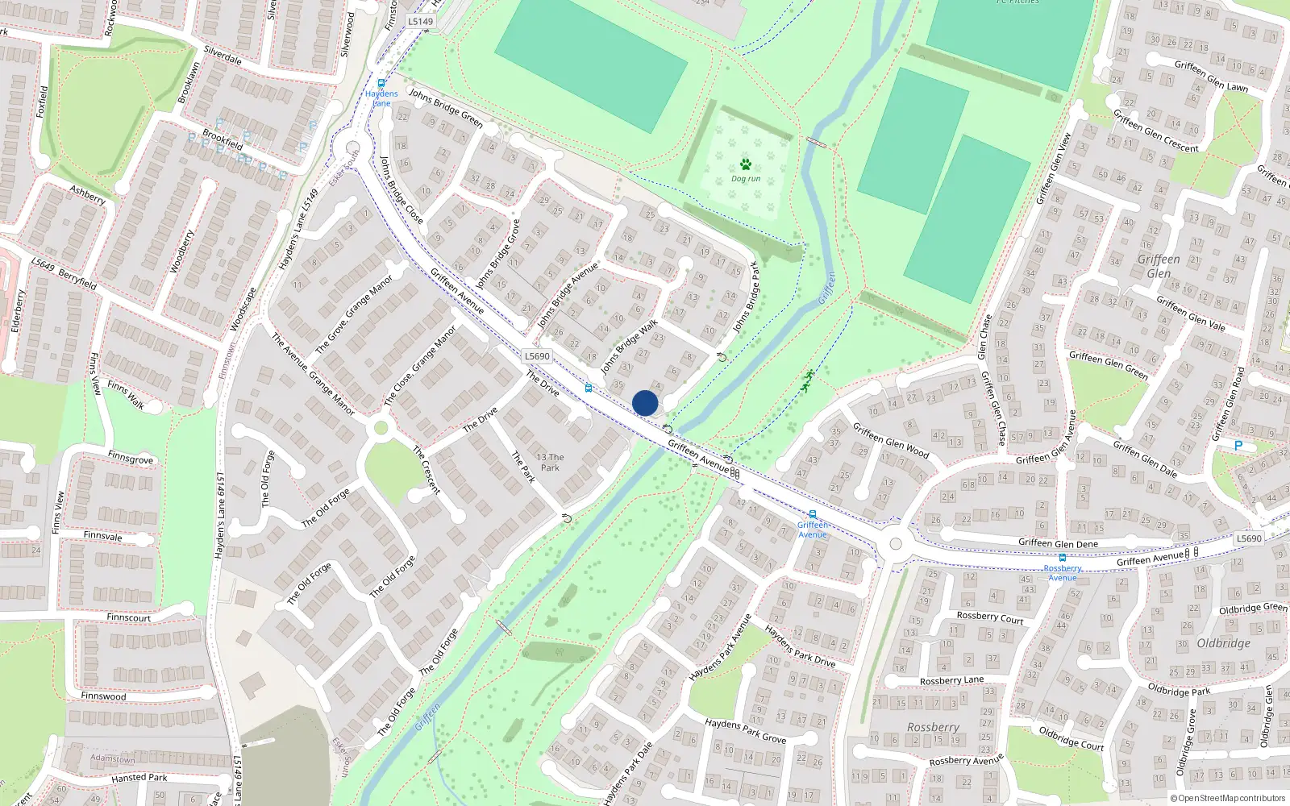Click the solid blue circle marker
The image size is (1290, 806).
tap(645, 403)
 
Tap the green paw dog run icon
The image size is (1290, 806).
tap(746, 164)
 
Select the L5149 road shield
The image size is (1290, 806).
tap(420, 22)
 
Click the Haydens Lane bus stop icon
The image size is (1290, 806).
tap(381, 83)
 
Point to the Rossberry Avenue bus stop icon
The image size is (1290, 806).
tap(1063, 558)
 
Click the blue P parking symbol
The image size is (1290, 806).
tap(1238, 446)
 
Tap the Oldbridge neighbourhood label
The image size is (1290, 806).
tap(1223, 643)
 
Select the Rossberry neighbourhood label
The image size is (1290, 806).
tap(933, 727)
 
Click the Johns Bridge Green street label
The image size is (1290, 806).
tap(445, 108)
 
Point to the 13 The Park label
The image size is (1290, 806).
tap(550, 462)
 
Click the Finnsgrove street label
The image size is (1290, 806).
tap(130, 458)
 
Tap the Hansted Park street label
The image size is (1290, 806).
tap(139, 778)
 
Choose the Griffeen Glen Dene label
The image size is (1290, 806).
tap(1058, 543)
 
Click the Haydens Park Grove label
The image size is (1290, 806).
tap(745, 730)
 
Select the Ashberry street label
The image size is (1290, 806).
tap(87, 194)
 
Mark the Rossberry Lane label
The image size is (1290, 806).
tap(951, 680)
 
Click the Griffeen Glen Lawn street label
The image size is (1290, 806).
tap(1211, 76)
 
